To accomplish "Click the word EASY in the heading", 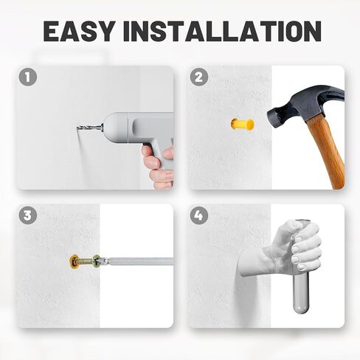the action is (x=79, y=31).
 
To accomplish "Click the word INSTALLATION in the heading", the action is (x=223, y=31).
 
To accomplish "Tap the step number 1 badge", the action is (x=28, y=77).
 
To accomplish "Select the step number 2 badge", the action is (x=199, y=77).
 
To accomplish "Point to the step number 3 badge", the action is (x=28, y=215).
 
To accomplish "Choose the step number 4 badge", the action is (x=199, y=215).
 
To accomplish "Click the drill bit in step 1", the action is (x=90, y=128).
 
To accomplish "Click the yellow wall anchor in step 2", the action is (x=242, y=124).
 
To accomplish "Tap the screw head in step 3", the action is (x=97, y=261).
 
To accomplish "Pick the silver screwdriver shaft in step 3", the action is (x=139, y=261).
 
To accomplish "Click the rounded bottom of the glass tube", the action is (x=300, y=308).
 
